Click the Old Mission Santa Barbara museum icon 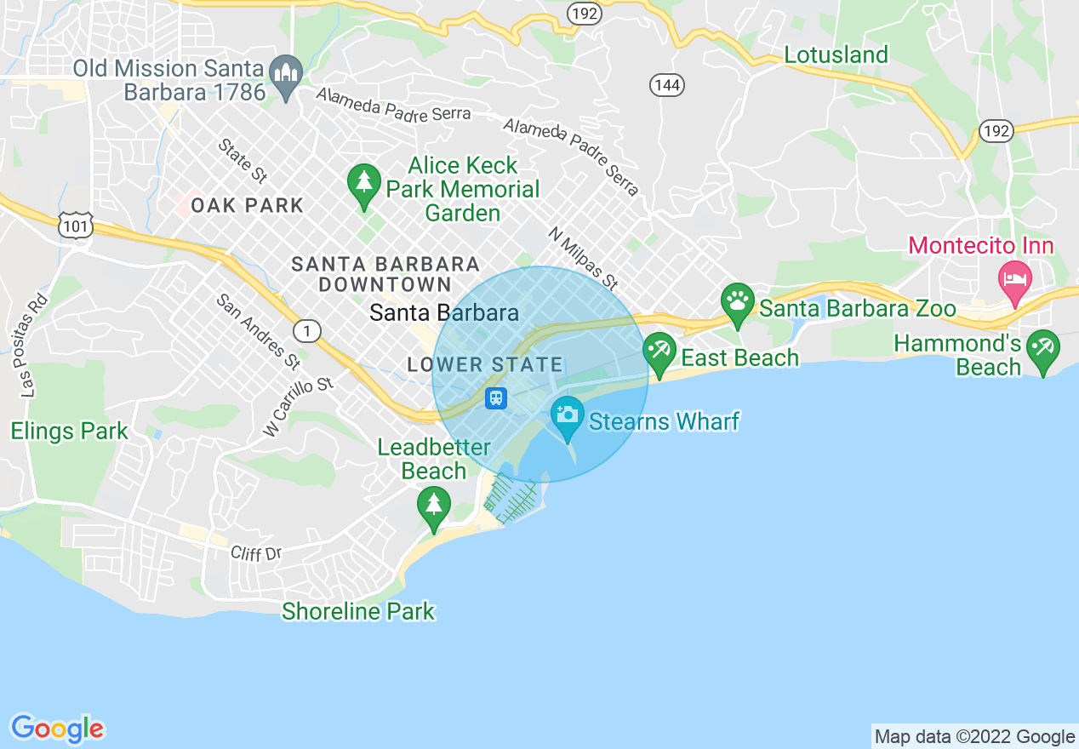[x=286, y=75]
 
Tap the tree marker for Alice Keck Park [x=364, y=183]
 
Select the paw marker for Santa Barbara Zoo [x=737, y=302]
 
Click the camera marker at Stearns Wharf [x=567, y=415]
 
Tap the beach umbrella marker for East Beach [x=659, y=352]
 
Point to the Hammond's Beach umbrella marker [x=1042, y=349]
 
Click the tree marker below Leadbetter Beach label [x=434, y=506]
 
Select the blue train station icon [x=496, y=397]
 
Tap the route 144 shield [x=667, y=84]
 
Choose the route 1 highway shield [x=306, y=330]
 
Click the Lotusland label [x=836, y=55]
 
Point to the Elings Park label [x=69, y=432]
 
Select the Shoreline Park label [x=358, y=611]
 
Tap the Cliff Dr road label [x=256, y=553]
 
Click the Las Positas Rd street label [x=34, y=346]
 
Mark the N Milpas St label [x=583, y=258]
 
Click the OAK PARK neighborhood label [x=248, y=205]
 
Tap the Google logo [x=58, y=729]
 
